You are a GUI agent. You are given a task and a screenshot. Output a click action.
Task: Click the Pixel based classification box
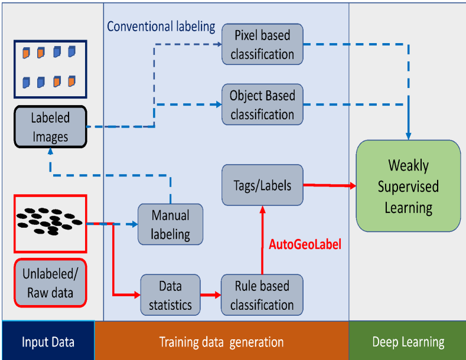(262, 45)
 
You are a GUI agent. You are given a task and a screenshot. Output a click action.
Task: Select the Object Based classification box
(262, 104)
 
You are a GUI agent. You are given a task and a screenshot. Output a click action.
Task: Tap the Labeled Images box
(50, 127)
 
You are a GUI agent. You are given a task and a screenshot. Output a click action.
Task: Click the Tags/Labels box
(262, 185)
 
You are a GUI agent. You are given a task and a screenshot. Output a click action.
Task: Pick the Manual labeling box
(170, 224)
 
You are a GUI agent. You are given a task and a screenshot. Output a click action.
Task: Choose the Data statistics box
(170, 295)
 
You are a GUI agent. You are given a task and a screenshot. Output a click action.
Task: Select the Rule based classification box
(262, 295)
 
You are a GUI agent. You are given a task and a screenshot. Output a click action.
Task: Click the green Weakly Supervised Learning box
(408, 186)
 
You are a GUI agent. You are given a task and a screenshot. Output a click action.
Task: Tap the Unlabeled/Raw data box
(50, 283)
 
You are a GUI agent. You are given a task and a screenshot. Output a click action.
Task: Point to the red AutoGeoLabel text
(305, 243)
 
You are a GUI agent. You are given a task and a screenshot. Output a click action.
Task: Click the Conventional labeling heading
(161, 27)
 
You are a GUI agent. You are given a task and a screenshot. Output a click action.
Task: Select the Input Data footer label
(48, 342)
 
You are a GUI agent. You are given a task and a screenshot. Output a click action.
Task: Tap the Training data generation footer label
(221, 342)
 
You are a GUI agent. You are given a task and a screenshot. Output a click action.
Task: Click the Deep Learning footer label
(408, 342)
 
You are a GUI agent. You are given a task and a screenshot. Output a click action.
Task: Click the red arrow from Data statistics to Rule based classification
(210, 294)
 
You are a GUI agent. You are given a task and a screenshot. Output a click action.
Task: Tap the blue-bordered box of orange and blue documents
(50, 68)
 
